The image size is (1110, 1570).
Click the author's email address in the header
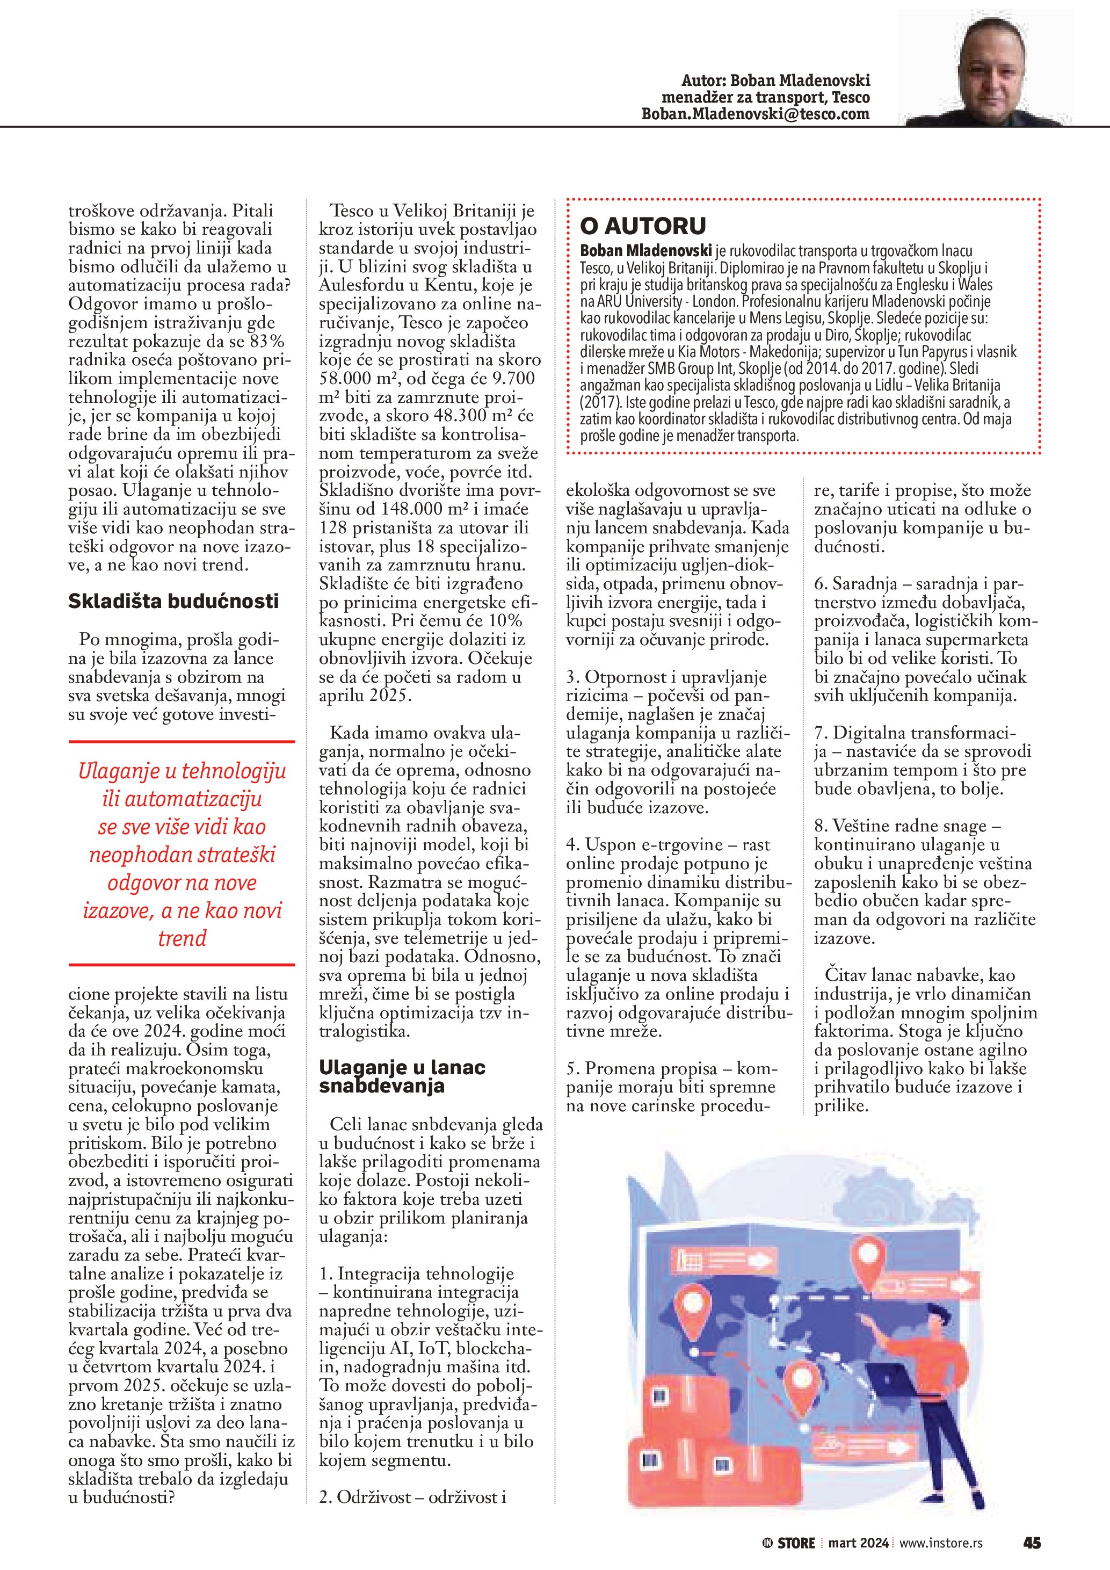(755, 114)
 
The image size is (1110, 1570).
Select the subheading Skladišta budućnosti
(173, 601)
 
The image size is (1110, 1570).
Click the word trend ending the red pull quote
(182, 938)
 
